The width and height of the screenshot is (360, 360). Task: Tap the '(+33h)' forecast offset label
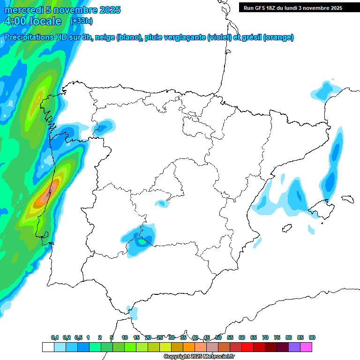tap(81, 21)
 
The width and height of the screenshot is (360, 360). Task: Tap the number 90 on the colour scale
tap(312, 337)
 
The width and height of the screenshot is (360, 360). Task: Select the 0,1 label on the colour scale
tap(55, 337)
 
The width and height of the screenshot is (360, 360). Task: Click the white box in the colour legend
tap(48, 347)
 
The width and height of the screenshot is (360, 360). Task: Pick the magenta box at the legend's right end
tap(306, 347)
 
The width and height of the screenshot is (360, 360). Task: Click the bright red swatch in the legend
tap(247, 347)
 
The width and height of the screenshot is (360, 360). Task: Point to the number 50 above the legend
tap(218, 337)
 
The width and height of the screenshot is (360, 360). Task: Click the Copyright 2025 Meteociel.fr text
tap(199, 357)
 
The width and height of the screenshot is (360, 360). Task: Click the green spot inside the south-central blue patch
tap(141, 242)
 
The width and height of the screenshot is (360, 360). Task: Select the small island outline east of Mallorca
tap(347, 199)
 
